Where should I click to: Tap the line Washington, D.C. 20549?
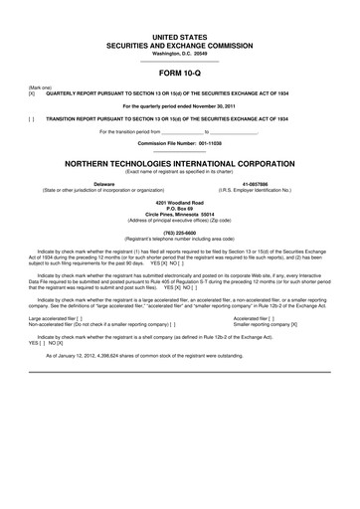coord(179,51)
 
